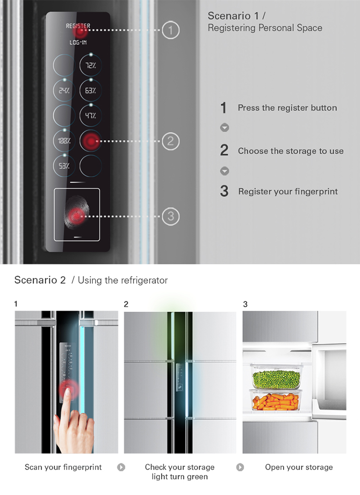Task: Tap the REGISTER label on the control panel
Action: point(78,26)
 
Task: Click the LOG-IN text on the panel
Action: point(78,42)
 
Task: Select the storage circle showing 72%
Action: point(91,65)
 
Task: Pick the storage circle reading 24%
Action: point(64,91)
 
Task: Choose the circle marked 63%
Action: point(91,91)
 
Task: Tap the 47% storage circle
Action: point(91,116)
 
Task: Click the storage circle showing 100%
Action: point(64,141)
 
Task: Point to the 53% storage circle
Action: point(64,166)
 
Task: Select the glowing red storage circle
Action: point(91,141)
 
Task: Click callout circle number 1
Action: point(171,30)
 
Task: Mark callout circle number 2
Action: point(171,141)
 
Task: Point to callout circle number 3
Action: point(171,216)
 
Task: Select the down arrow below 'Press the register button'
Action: point(224,128)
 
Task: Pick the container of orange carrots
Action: point(276,400)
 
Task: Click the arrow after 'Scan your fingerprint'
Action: point(121,467)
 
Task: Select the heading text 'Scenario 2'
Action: point(40,280)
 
